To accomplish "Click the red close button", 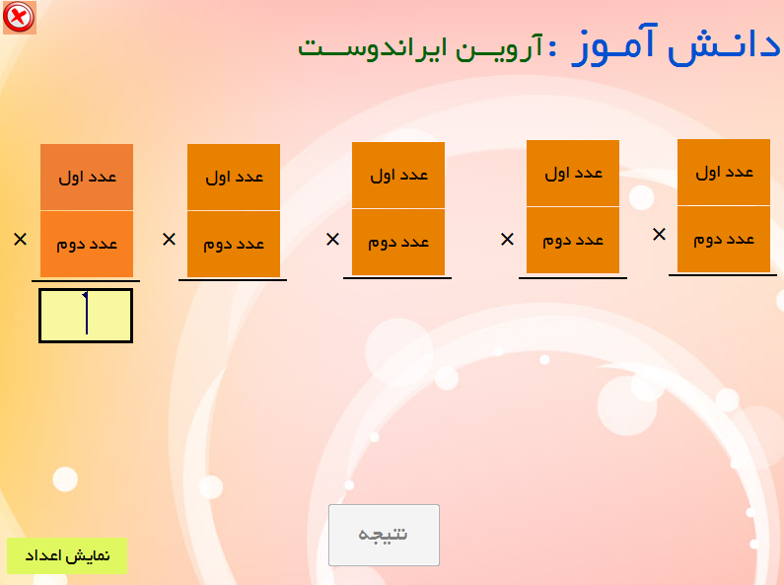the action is (19, 17).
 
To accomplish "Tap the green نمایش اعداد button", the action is (67, 555).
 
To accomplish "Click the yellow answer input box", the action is (86, 316).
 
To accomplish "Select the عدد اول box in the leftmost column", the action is (87, 177).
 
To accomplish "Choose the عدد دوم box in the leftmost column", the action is (87, 244).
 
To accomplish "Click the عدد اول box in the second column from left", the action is (234, 177).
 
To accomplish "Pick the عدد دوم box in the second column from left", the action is (234, 244).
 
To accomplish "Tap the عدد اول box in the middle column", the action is (398, 175).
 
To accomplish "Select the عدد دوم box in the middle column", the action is (398, 242).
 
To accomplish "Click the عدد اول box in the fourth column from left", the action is (573, 173).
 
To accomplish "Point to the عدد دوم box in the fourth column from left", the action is (573, 240).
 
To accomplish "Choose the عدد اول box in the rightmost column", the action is (724, 172).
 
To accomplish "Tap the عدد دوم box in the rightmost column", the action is (724, 239).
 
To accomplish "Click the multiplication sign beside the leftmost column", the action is (20, 239).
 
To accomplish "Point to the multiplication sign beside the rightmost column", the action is (659, 234).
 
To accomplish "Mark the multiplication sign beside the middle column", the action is (332, 239).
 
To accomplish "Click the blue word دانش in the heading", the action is (724, 46).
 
